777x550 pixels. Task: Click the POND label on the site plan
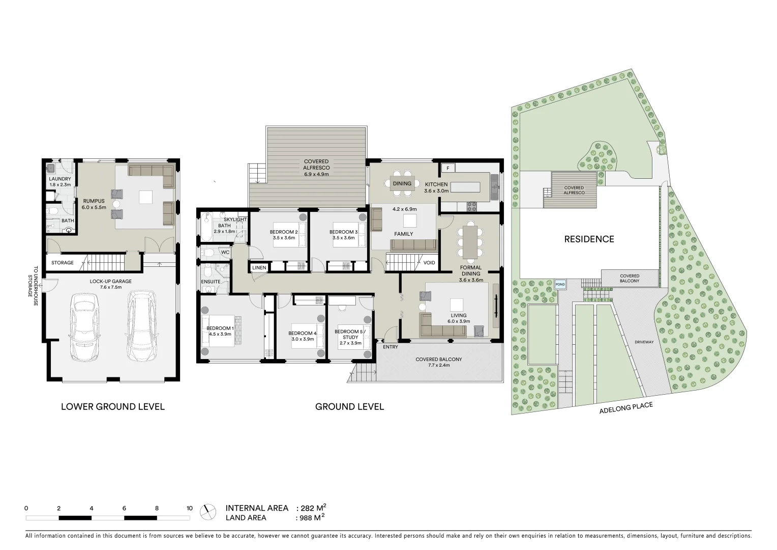point(560,284)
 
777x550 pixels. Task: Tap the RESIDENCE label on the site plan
point(589,239)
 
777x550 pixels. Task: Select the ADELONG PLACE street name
point(625,408)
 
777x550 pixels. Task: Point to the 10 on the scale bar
point(189,508)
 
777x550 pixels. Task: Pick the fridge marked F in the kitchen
point(448,168)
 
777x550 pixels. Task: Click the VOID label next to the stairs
point(429,263)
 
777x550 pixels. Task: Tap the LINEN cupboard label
point(259,267)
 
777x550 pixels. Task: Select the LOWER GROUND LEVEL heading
point(112,406)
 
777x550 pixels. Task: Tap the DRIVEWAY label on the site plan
point(644,342)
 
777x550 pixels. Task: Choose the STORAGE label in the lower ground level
point(62,263)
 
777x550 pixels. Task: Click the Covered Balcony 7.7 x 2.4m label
point(438,362)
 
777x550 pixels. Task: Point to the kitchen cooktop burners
point(472,206)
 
